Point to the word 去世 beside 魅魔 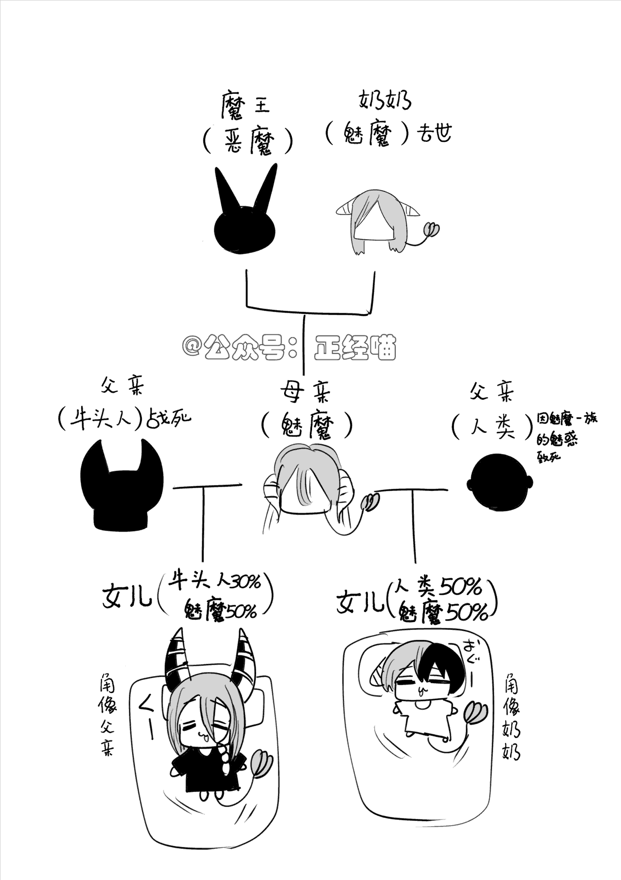(x=434, y=133)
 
